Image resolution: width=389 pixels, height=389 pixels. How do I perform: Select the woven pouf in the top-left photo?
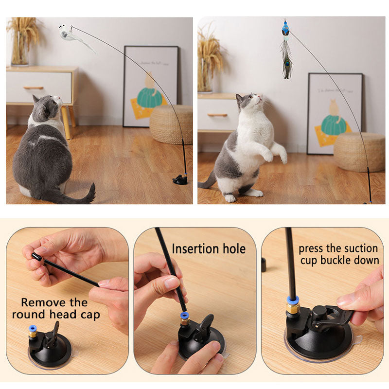pyautogui.click(x=171, y=124)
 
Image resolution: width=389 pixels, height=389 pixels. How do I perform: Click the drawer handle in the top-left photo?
pyautogui.click(x=33, y=88)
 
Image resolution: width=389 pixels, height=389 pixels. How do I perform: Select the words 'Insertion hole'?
pyautogui.click(x=209, y=249)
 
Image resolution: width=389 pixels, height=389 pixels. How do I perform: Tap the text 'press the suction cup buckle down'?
pyautogui.click(x=338, y=254)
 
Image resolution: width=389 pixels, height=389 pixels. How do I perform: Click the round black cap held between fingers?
pyautogui.click(x=36, y=256)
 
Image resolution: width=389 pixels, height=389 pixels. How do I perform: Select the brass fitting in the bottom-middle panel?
pyautogui.click(x=185, y=321)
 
